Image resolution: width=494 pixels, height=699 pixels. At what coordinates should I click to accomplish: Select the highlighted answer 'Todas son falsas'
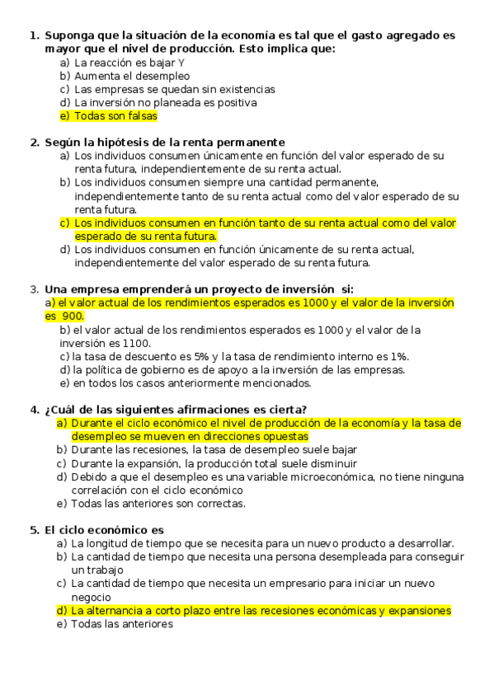tap(115, 116)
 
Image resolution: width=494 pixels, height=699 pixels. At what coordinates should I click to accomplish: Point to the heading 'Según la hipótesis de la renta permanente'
tap(165, 143)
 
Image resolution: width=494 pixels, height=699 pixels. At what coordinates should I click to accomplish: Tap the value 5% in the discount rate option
tap(198, 356)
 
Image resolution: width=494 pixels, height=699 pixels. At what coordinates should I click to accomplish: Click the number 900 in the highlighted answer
tap(73, 316)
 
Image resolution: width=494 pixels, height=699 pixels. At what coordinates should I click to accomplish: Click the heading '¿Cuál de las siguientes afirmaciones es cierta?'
tap(176, 410)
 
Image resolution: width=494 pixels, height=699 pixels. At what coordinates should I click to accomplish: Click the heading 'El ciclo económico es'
tap(104, 530)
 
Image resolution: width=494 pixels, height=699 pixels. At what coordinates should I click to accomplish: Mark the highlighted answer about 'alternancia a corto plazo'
tap(261, 611)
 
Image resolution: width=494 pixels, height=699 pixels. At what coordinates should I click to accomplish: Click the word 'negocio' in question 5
tap(91, 597)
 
